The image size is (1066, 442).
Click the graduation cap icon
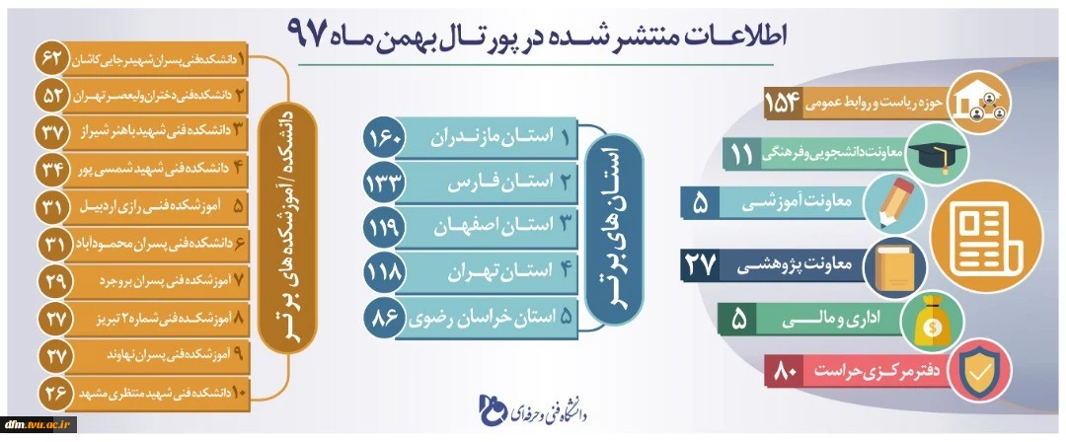pyautogui.click(x=938, y=153)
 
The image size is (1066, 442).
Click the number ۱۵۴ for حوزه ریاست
pyautogui.click(x=784, y=104)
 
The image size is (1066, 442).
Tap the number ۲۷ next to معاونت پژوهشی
pyautogui.click(x=699, y=264)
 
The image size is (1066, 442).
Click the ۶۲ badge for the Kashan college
pyautogui.click(x=51, y=60)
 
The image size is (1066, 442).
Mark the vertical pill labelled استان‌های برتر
pyautogui.click(x=614, y=227)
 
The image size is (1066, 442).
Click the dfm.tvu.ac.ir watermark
pyautogui.click(x=38, y=424)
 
